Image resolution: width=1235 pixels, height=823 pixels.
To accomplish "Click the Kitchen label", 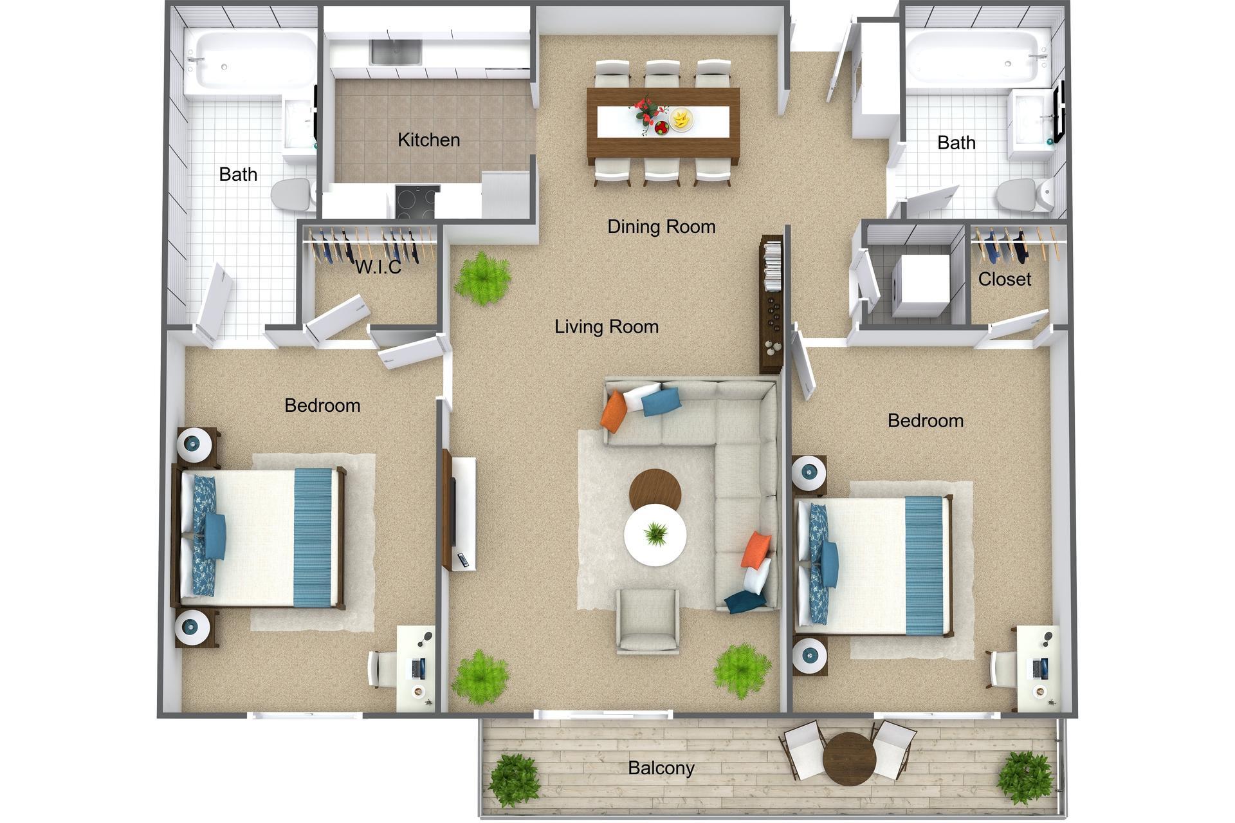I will click(428, 140).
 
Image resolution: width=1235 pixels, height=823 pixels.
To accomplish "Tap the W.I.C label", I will click(378, 267).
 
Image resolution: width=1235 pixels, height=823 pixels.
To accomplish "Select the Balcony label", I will click(661, 768).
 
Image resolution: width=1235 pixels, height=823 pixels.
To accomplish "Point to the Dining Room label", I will click(661, 227).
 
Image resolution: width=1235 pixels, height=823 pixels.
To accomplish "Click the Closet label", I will click(1004, 279).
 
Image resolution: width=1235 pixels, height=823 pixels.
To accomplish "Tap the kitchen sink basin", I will click(395, 52).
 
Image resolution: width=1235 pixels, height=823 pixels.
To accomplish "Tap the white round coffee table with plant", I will click(655, 535).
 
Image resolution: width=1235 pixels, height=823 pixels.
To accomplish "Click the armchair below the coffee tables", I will click(648, 620).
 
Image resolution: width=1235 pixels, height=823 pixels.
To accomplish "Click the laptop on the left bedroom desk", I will click(418, 669).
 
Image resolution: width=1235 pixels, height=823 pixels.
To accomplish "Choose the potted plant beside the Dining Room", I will click(482, 279).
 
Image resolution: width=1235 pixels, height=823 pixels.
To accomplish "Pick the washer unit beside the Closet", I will click(921, 285).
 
